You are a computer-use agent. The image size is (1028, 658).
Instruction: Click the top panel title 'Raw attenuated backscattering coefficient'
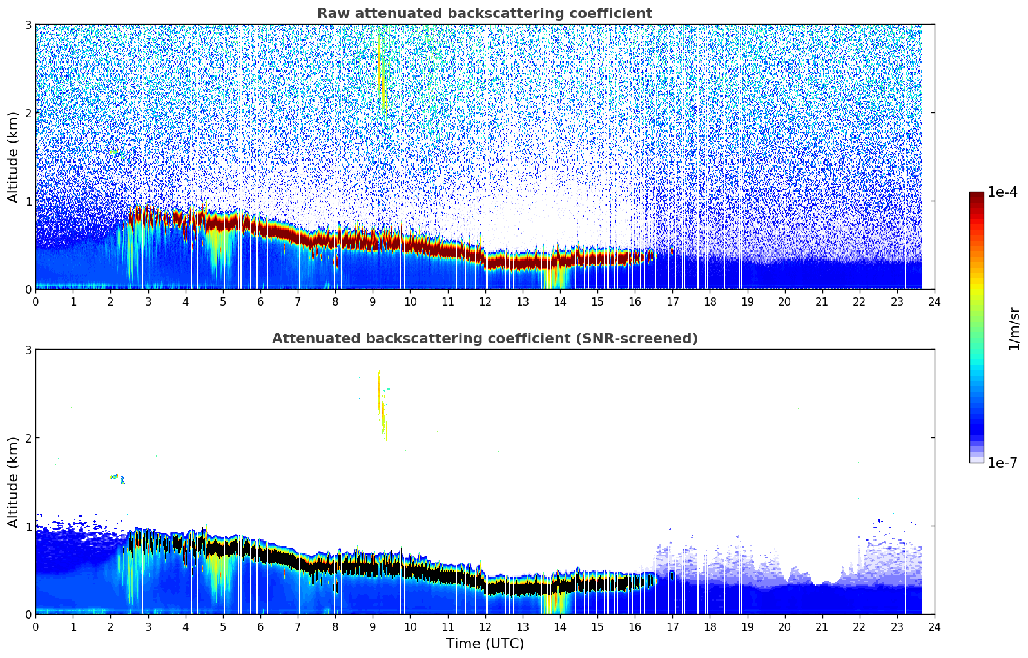pyautogui.click(x=484, y=14)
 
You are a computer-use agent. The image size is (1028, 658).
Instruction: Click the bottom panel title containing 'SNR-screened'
pyautogui.click(x=484, y=339)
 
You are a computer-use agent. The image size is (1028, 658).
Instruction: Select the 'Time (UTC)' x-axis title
pyautogui.click(x=485, y=644)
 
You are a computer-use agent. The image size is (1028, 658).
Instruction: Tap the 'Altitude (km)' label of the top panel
pyautogui.click(x=13, y=157)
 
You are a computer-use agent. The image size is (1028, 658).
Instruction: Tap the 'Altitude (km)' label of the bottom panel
pyautogui.click(x=13, y=482)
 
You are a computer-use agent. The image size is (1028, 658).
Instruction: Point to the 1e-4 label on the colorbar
pyautogui.click(x=1002, y=192)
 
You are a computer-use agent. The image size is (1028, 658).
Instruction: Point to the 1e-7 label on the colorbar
pyautogui.click(x=1002, y=463)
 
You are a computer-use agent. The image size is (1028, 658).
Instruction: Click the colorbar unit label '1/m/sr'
pyautogui.click(x=1014, y=328)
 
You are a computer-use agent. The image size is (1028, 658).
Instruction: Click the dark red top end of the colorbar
pyautogui.click(x=976, y=195)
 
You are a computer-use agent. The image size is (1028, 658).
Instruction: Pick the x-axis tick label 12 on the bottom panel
pyautogui.click(x=485, y=627)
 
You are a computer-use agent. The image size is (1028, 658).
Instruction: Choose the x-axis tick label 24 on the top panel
pyautogui.click(x=935, y=302)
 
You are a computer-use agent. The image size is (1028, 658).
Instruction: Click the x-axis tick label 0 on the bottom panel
pyautogui.click(x=35, y=627)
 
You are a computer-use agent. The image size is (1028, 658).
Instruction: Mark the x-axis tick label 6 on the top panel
pyautogui.click(x=260, y=302)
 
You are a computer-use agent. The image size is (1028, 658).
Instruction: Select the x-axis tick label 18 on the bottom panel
pyautogui.click(x=710, y=627)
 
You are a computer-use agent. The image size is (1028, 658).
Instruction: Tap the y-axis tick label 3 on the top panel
pyautogui.click(x=28, y=25)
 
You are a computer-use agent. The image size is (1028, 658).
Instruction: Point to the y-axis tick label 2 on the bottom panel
pyautogui.click(x=28, y=438)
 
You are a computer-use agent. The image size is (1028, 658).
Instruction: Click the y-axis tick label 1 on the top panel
pyautogui.click(x=28, y=201)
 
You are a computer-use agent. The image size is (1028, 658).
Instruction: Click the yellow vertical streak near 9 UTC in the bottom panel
pyautogui.click(x=380, y=394)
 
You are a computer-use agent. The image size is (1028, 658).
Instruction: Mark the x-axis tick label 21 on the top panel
pyautogui.click(x=822, y=302)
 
